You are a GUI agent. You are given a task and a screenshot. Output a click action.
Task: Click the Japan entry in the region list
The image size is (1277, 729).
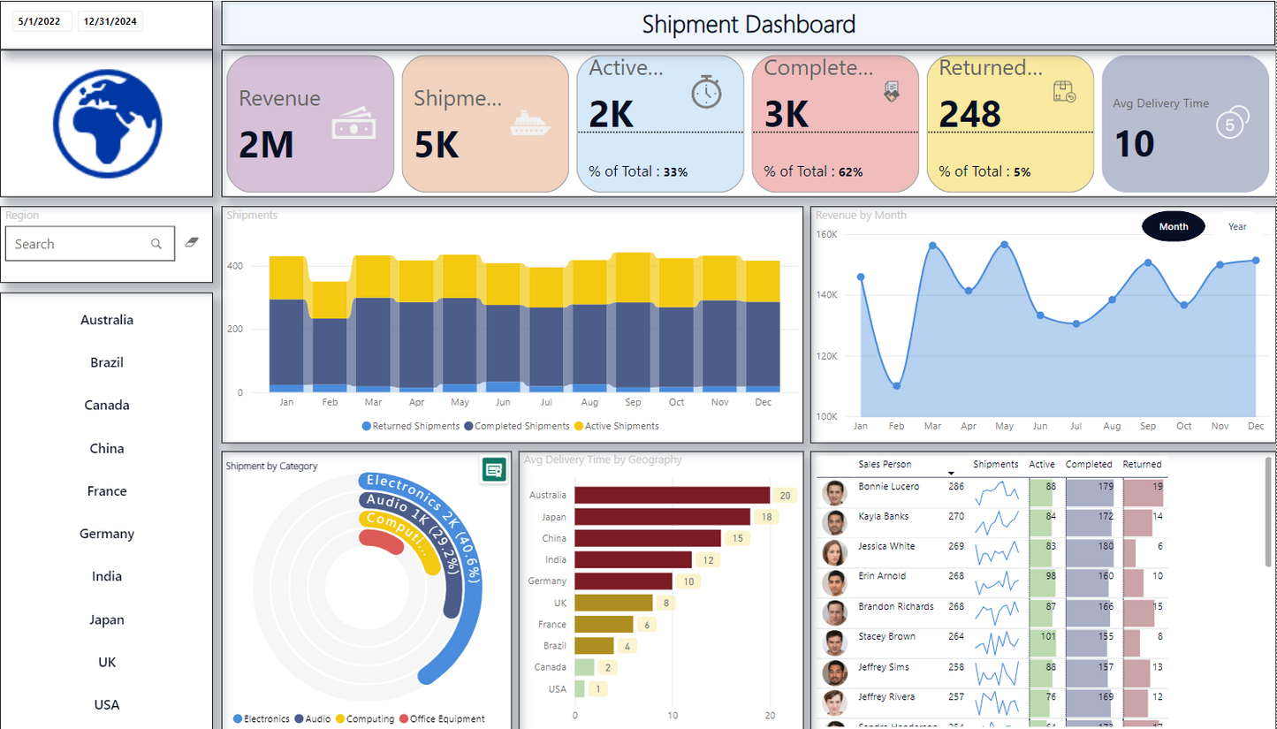click(x=107, y=619)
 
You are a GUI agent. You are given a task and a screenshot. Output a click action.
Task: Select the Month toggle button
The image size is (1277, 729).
click(x=1173, y=226)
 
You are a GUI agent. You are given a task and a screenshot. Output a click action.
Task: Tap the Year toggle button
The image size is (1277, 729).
click(x=1236, y=226)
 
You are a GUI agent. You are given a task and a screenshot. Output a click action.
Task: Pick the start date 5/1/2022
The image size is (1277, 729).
click(x=39, y=21)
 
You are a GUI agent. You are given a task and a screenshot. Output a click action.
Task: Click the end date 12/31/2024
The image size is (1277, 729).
click(x=110, y=21)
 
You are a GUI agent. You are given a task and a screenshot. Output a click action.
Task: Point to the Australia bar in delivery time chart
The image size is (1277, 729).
click(x=672, y=495)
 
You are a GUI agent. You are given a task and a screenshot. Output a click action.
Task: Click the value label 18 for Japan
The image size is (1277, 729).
click(x=765, y=517)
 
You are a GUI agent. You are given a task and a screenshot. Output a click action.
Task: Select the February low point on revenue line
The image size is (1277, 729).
click(x=896, y=386)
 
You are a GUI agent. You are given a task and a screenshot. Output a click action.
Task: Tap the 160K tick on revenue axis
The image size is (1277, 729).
click(x=826, y=234)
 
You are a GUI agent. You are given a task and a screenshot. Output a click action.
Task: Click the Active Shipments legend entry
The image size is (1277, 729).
click(x=617, y=426)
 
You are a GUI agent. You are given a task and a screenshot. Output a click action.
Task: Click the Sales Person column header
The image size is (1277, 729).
click(x=884, y=464)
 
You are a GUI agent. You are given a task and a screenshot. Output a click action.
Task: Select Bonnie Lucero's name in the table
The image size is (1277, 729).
click(x=888, y=486)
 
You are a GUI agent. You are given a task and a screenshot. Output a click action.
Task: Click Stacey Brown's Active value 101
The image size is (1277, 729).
click(x=1047, y=636)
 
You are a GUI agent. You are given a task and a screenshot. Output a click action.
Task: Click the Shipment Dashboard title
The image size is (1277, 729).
click(x=749, y=24)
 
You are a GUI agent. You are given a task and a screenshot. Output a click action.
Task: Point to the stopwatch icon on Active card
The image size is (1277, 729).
click(x=706, y=92)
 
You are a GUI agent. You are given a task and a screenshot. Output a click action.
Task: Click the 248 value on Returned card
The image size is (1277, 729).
click(x=969, y=114)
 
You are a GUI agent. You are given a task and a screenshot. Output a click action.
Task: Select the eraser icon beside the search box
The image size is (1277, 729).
click(x=192, y=241)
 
